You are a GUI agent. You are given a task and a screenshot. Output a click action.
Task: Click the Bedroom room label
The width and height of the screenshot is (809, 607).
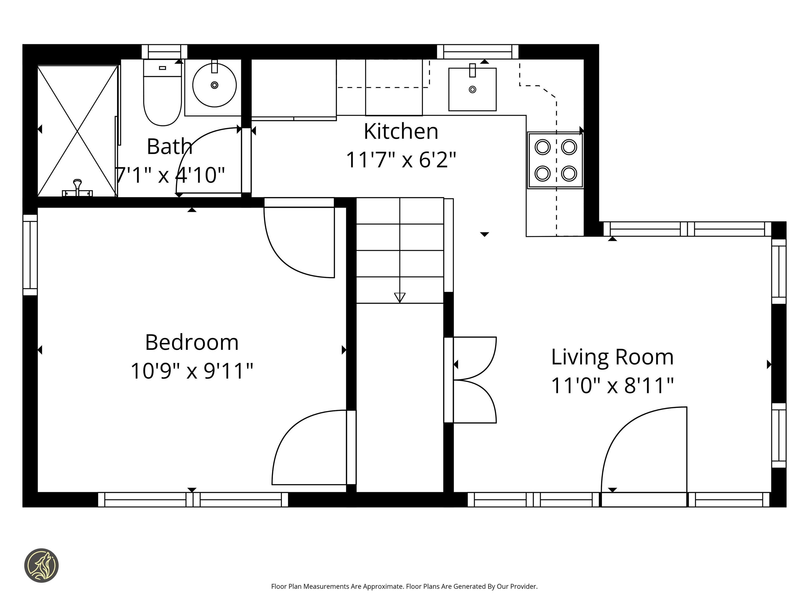pyautogui.click(x=192, y=342)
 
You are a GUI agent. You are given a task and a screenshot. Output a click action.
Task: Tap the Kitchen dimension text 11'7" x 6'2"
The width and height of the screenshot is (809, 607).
pyautogui.click(x=401, y=160)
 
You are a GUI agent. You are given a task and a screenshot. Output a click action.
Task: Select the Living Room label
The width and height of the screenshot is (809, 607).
pyautogui.click(x=612, y=357)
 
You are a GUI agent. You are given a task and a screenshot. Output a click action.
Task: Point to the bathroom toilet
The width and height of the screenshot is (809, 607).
pyautogui.click(x=162, y=93)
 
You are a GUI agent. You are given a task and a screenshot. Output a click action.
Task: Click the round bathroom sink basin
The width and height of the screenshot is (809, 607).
pyautogui.click(x=214, y=85)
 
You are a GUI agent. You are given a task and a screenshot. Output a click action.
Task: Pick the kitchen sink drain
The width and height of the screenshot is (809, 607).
pyautogui.click(x=473, y=89)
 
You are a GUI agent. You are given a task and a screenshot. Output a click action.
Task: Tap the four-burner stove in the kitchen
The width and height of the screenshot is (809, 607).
pyautogui.click(x=555, y=160)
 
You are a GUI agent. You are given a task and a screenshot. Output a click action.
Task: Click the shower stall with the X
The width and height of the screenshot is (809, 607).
pyautogui.click(x=78, y=131)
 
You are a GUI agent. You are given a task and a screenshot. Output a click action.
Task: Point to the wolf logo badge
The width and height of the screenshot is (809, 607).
pyautogui.click(x=41, y=565)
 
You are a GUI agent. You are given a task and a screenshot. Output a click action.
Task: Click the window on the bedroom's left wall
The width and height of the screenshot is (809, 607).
pyautogui.click(x=30, y=255)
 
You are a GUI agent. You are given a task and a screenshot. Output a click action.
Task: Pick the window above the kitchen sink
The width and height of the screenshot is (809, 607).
pyautogui.click(x=478, y=52)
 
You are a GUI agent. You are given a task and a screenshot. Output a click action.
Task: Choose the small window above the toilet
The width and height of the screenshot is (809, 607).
pyautogui.click(x=165, y=52)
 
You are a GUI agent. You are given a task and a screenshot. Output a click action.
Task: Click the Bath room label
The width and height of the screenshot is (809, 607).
pyautogui.click(x=169, y=146)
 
